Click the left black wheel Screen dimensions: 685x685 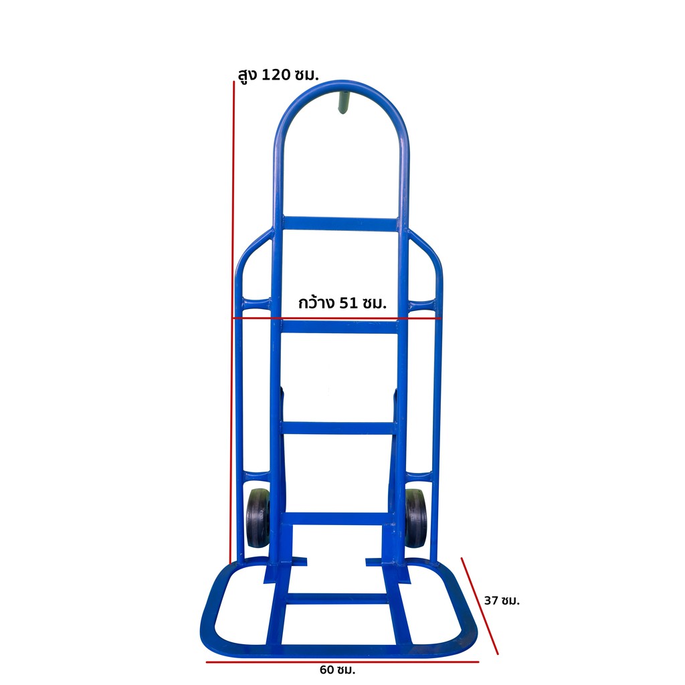click(x=258, y=518)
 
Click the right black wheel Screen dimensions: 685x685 click(x=416, y=518)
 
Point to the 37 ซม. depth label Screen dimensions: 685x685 click(x=502, y=601)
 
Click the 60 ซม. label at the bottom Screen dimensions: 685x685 click(x=337, y=669)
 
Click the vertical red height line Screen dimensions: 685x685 click(x=232, y=322)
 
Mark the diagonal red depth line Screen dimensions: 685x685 click(x=480, y=606)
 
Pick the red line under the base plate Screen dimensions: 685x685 click(x=342, y=662)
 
